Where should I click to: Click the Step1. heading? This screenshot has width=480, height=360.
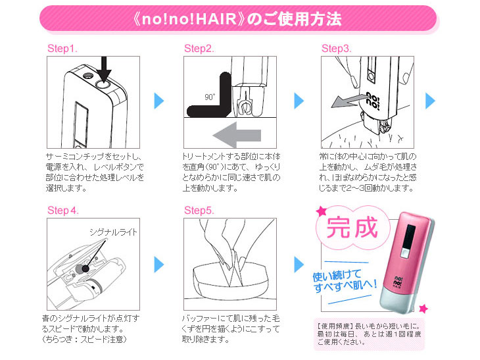62,49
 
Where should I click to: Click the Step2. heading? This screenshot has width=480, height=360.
199,49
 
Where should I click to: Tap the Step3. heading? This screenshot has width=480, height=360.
337,49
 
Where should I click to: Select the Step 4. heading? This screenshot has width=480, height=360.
63,211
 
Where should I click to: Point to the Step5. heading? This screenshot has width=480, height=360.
199,211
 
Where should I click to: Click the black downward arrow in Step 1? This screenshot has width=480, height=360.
104,70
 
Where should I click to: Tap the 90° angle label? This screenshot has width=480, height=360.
210,97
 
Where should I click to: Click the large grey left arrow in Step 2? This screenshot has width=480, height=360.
237,135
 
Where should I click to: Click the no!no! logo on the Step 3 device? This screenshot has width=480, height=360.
373,101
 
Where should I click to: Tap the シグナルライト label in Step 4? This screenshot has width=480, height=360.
113,232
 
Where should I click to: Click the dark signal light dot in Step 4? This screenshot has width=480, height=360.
85,269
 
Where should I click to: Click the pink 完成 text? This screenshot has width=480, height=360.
352,227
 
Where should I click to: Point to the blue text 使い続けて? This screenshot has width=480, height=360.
337,275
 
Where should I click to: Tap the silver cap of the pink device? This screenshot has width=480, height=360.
398,300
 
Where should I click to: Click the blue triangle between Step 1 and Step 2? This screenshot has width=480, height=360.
159,101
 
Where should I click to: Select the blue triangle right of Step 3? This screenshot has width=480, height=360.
430,101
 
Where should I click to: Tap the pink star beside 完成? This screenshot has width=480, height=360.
322,211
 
